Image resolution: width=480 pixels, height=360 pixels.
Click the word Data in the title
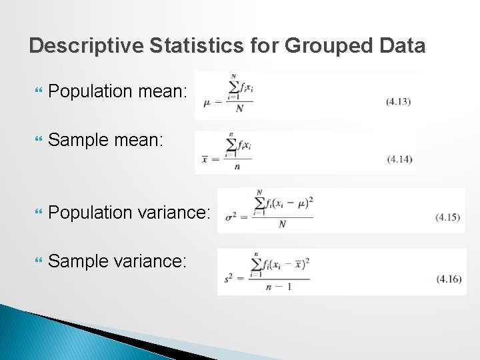point(401,45)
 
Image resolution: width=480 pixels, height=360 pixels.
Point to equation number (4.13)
point(398,102)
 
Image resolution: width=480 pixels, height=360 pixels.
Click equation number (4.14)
point(399,159)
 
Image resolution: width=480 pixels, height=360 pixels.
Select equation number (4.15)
point(447,217)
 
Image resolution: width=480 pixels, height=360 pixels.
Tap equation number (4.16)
point(449,279)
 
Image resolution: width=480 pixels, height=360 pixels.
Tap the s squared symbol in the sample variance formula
point(230,279)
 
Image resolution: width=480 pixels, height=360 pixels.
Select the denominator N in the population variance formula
point(282,225)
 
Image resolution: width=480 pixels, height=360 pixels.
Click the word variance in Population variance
point(174,213)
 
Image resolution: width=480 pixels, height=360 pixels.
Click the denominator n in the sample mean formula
point(237,167)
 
